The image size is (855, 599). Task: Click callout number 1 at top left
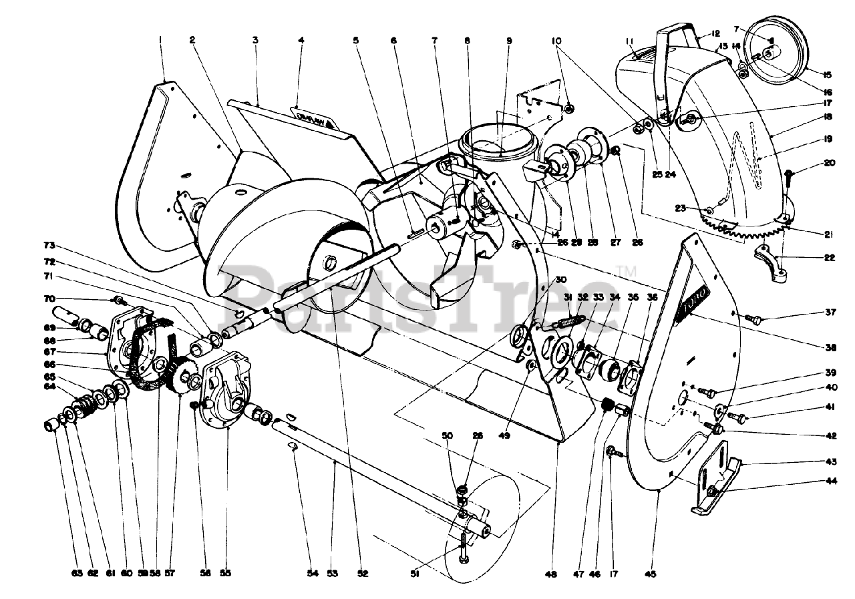(x=160, y=40)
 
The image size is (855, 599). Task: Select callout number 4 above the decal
(x=301, y=40)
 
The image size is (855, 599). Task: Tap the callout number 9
(x=509, y=40)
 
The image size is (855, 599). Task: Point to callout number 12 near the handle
(x=715, y=33)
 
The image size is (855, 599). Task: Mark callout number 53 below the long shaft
(x=333, y=573)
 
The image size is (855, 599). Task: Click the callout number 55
(x=226, y=573)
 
